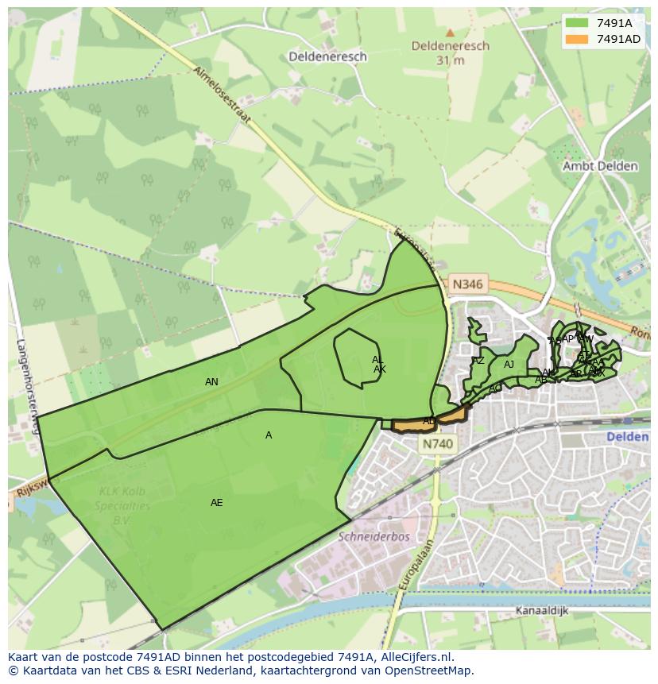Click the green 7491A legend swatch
pos(577,23)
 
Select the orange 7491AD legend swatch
pos(577,39)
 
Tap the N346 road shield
pos(467,284)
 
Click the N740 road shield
pos(437,446)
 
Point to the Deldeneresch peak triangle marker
pos(450,33)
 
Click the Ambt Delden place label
pos(600,166)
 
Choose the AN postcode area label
pos(211,382)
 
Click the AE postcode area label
pos(217,503)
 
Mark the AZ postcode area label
pos(478,361)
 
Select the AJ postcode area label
pos(509,365)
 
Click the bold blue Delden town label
pos(627,438)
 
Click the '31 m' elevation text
pos(450,60)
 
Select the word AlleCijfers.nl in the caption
pos(413,657)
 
